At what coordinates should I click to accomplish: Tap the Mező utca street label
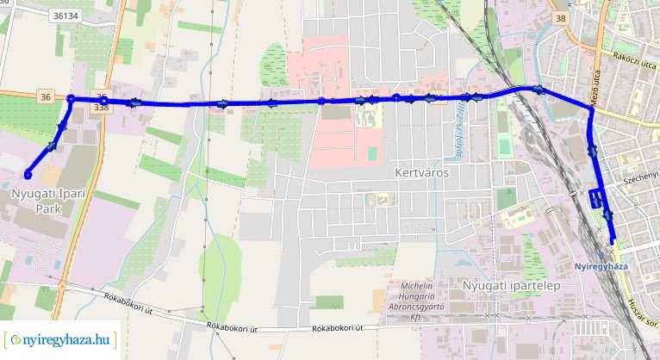pyautogui.click(x=595, y=90)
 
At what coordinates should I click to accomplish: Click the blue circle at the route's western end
pyautogui.click(x=28, y=176)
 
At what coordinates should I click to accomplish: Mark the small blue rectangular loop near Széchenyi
pyautogui.click(x=596, y=198)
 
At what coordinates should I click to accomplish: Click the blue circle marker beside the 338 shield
pyautogui.click(x=103, y=101)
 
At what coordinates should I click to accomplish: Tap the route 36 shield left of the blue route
pyautogui.click(x=45, y=97)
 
